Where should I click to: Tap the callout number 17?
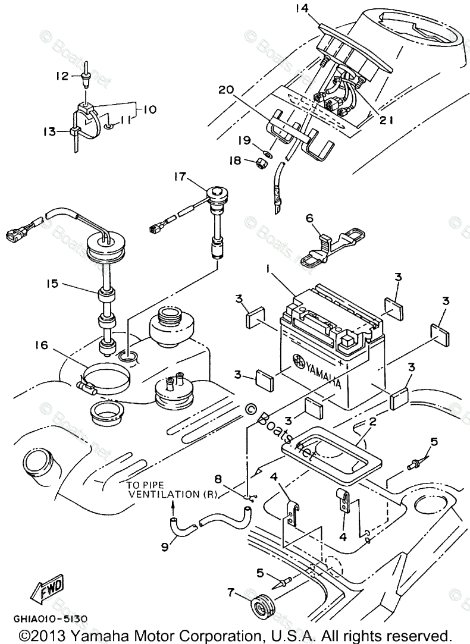pos(180,177)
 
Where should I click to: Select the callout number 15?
pos(52,284)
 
